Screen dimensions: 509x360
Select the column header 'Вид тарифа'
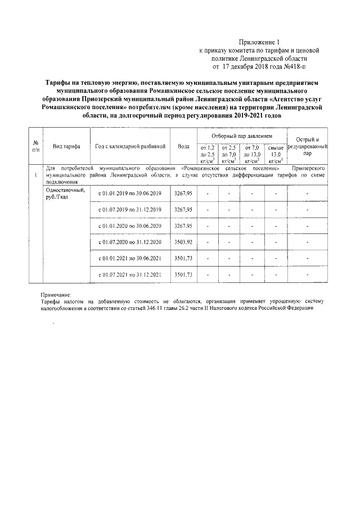[x=66, y=146]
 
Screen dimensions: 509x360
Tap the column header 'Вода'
[x=183, y=146]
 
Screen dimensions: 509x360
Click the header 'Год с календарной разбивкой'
[x=130, y=146]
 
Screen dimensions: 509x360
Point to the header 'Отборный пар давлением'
[x=241, y=137]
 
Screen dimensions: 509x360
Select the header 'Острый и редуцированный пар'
[x=307, y=146]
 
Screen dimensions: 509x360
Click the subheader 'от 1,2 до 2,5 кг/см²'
[x=208, y=154]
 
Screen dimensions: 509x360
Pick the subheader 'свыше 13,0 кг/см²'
[x=276, y=154]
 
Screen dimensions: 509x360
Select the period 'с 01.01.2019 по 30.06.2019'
[x=130, y=193]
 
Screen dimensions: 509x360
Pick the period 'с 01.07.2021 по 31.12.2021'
[x=130, y=274]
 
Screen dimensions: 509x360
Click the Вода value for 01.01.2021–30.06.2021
[x=183, y=258]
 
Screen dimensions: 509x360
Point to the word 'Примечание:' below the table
[x=56, y=295]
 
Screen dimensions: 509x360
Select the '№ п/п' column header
[x=35, y=146]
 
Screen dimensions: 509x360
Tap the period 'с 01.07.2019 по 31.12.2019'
[x=130, y=210]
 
